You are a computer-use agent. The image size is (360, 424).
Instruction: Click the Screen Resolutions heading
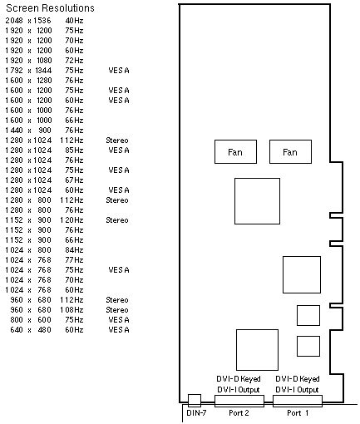click(x=50, y=8)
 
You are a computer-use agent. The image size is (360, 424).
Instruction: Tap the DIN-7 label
click(x=196, y=413)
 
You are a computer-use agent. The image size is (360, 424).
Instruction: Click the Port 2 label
click(x=239, y=413)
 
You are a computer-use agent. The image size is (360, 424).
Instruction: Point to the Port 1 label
click(x=298, y=413)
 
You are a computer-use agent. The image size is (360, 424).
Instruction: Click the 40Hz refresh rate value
click(x=74, y=21)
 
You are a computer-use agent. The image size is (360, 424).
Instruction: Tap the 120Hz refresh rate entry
click(x=72, y=220)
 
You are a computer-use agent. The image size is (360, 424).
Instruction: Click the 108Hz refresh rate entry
click(x=72, y=310)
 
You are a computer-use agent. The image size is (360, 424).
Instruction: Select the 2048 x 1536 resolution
click(x=28, y=21)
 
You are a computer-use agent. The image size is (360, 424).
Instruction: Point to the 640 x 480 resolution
click(x=31, y=330)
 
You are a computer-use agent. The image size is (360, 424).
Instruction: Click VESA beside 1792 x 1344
click(x=119, y=71)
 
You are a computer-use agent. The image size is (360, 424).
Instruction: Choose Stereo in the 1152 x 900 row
click(x=117, y=220)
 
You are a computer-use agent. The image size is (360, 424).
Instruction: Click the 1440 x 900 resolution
click(x=28, y=131)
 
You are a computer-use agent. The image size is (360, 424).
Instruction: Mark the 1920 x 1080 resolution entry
click(x=28, y=61)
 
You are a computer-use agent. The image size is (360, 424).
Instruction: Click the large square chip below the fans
click(x=257, y=201)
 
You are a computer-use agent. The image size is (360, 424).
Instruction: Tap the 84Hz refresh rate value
click(x=74, y=250)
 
